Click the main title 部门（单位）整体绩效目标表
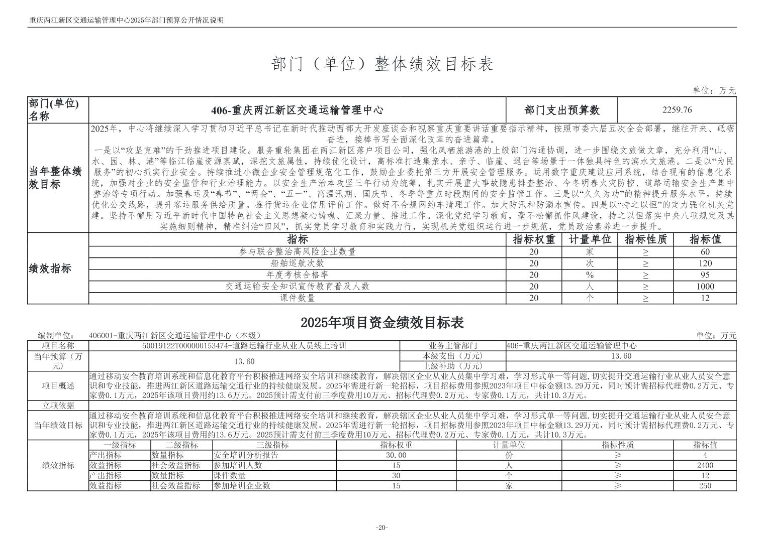382,64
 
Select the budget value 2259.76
677,110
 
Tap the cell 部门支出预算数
561,110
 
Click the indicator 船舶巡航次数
297,263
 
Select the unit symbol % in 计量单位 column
590,275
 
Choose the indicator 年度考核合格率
297,275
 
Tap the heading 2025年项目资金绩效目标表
382,322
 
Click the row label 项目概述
58,386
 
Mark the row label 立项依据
58,406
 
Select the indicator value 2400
705,465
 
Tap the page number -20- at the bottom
381,527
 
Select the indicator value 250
705,485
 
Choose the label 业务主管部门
453,346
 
